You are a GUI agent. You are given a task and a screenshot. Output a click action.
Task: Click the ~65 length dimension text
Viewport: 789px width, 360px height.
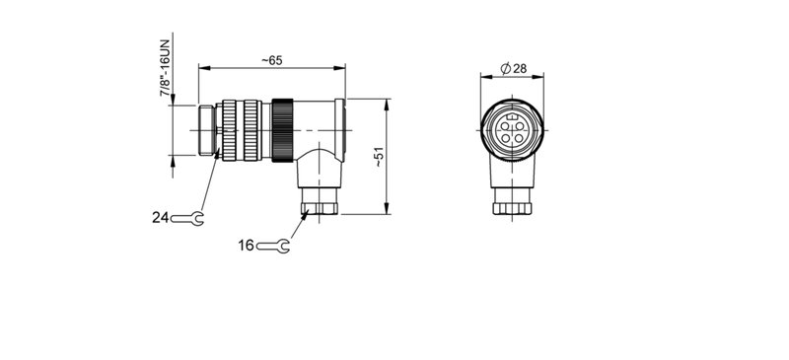tap(272, 60)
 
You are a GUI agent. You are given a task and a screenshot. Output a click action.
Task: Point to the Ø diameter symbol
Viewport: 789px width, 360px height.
tap(505, 67)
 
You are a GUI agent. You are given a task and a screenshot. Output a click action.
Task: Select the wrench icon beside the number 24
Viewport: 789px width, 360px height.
tap(187, 217)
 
